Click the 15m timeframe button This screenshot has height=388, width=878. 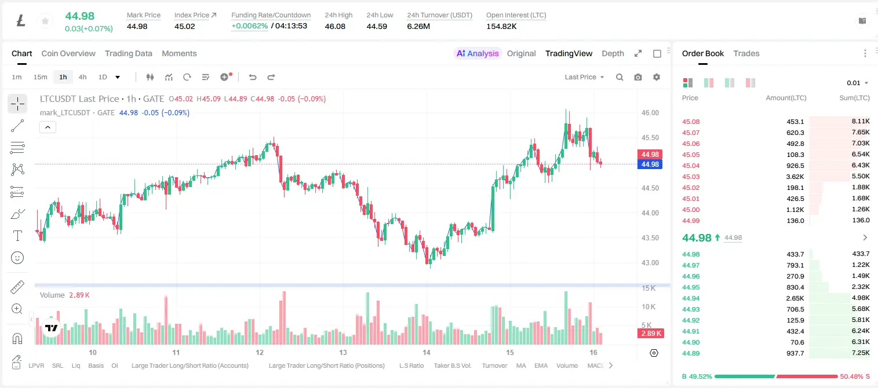[41, 77]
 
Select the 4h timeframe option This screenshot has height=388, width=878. [82, 77]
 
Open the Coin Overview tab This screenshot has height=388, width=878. [68, 53]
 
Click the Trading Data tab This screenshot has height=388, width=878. [129, 53]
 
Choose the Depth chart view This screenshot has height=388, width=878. [613, 53]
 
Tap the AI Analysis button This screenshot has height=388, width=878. [478, 53]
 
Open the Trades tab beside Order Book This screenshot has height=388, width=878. [746, 53]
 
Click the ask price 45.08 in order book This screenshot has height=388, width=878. [691, 122]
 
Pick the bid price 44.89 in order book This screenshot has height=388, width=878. [691, 353]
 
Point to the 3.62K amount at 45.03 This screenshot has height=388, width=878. [795, 177]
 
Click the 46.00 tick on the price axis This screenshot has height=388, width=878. [650, 113]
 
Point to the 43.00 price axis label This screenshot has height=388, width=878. [650, 263]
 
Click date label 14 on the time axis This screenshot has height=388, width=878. [427, 352]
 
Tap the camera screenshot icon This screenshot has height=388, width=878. [638, 77]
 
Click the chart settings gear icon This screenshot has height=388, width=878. [657, 77]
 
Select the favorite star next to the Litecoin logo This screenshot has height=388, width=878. [45, 21]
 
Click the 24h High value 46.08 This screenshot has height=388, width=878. [335, 26]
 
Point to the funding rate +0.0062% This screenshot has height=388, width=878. [250, 26]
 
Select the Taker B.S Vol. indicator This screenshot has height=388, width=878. [452, 365]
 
